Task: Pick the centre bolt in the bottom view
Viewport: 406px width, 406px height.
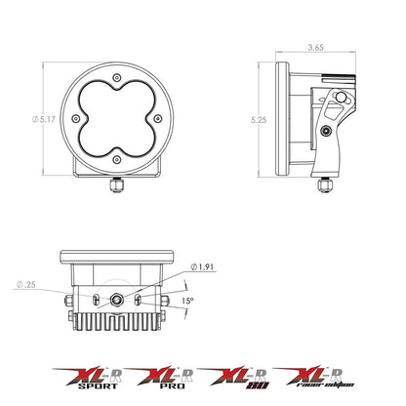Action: tap(119, 302)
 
